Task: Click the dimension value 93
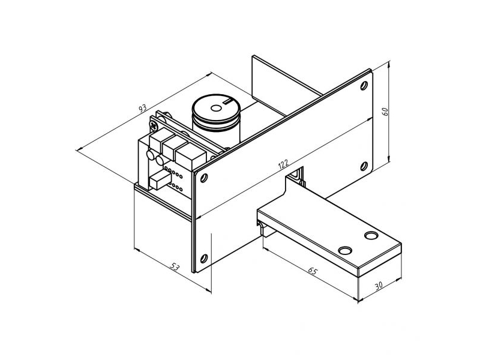tap(143, 108)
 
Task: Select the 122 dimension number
tap(283, 164)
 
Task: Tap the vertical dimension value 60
tap(385, 112)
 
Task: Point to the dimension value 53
tap(175, 267)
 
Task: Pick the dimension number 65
tap(313, 271)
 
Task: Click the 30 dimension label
tap(379, 286)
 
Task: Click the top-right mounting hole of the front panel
tap(364, 85)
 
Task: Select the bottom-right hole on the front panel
tap(364, 166)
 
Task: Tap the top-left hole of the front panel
tap(204, 178)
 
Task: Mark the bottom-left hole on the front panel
tap(204, 259)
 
